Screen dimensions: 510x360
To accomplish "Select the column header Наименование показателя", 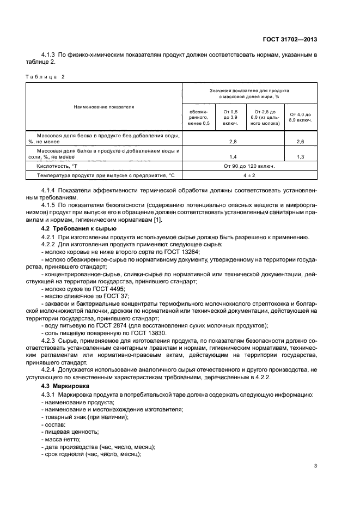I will tap(103, 107).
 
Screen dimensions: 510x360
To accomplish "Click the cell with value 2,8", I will tap(233, 141).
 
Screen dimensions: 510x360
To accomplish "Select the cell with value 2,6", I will tap(300, 141).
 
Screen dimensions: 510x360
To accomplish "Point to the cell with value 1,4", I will tap(233, 156).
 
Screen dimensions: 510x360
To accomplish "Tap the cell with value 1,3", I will tap(300, 156).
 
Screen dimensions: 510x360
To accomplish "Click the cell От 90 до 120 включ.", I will tap(249, 166).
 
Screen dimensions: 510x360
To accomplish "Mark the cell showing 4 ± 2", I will tap(249, 175).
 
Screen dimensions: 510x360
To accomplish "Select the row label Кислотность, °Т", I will tap(57, 166).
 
